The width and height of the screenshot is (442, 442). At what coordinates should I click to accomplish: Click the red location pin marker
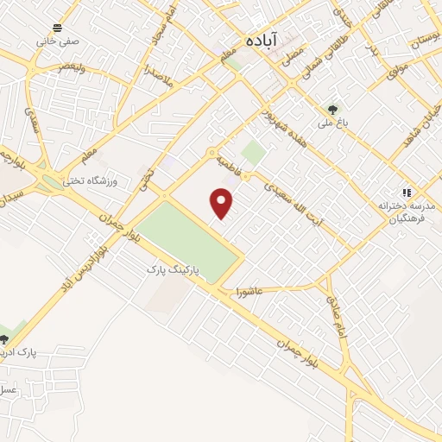pos(223,204)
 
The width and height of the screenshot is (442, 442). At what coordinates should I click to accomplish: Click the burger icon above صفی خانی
pos(57,27)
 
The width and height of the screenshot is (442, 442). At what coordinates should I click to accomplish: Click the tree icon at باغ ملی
pos(333,110)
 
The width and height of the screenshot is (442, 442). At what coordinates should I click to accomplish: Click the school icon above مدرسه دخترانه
pos(404,193)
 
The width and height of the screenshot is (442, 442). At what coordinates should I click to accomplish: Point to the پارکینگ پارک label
pos(173,270)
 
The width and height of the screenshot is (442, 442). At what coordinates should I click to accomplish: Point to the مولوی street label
pos(395,70)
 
